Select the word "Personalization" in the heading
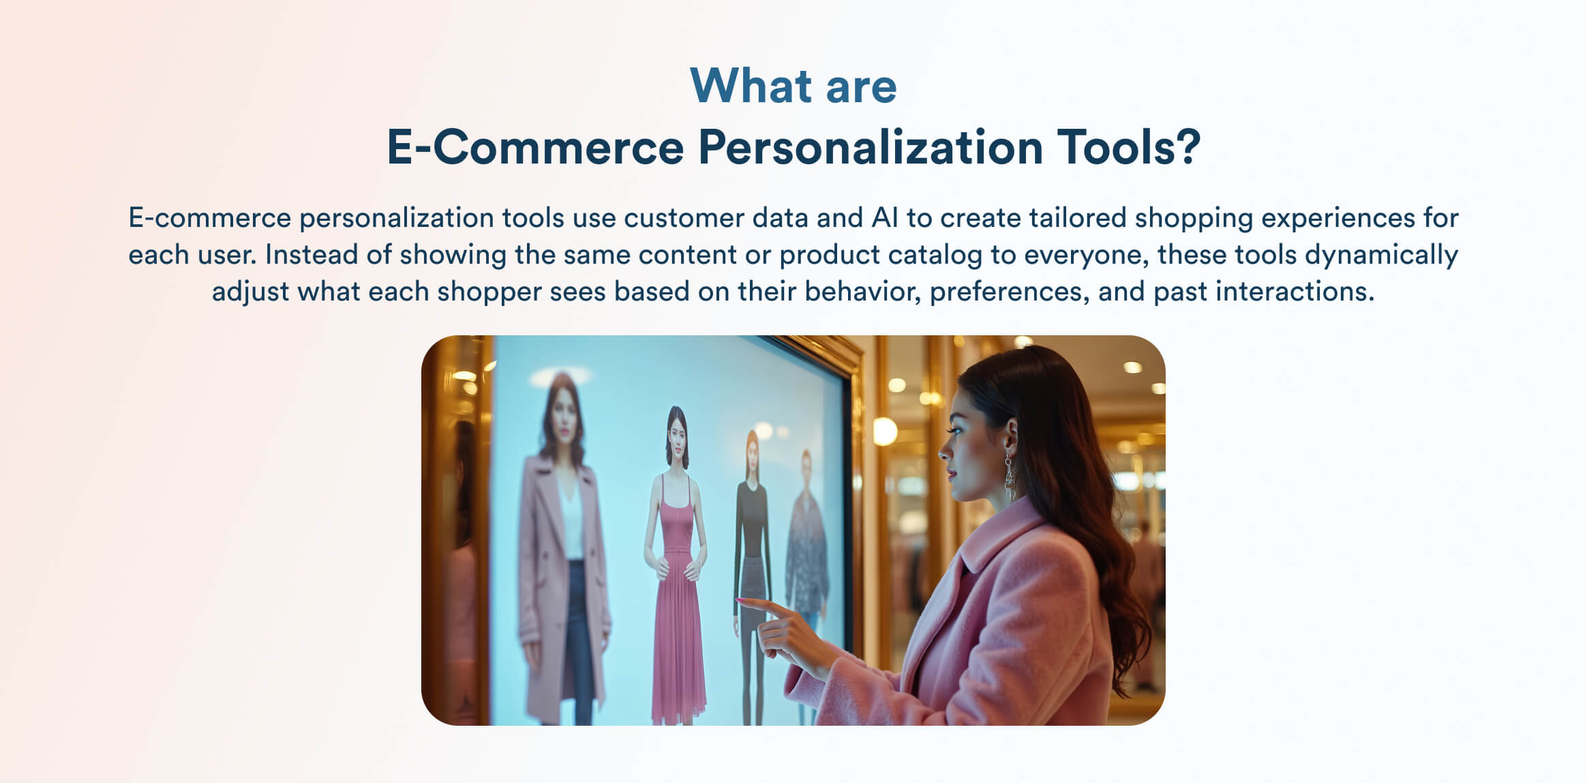871,147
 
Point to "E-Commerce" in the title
535,147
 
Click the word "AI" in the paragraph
884,218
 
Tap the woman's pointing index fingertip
740,600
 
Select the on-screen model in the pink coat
562,559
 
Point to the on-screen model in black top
751,559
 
